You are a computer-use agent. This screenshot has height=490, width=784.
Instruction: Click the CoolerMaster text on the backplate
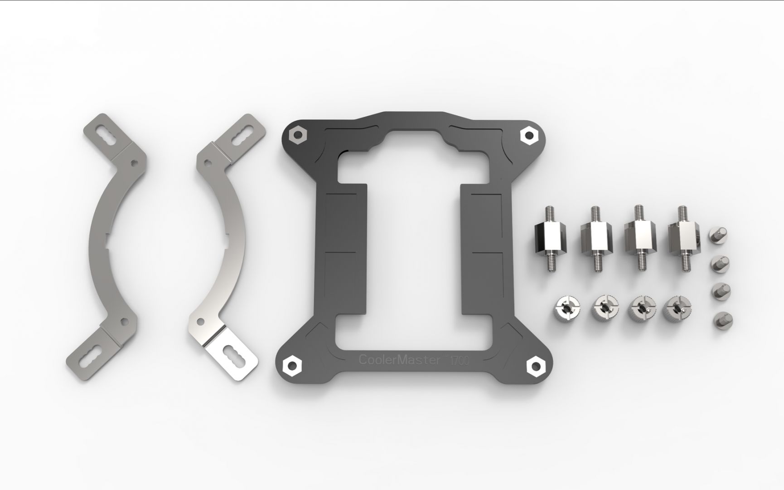point(399,360)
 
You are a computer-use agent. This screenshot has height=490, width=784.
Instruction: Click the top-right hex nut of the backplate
point(528,134)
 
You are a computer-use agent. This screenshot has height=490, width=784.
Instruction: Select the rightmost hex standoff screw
point(683,238)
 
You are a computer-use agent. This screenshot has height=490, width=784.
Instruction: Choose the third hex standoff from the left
point(639,239)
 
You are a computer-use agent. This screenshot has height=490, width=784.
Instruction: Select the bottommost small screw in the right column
point(722,320)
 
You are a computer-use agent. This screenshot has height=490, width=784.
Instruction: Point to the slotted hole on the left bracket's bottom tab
point(91,356)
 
